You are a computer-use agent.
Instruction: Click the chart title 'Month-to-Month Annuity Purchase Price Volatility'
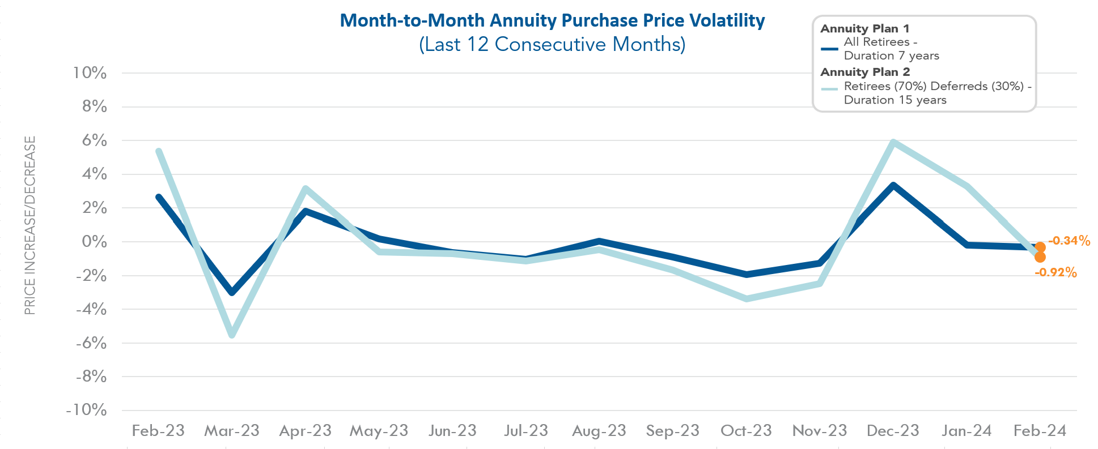coord(552,20)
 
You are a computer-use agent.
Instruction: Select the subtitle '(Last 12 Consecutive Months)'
coord(552,44)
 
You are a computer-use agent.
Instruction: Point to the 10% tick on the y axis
coord(90,72)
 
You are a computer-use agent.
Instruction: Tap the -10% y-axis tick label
coord(86,409)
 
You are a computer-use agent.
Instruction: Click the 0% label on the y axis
coord(94,241)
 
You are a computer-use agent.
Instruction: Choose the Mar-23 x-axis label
coord(231,431)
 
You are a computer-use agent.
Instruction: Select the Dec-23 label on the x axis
coord(893,431)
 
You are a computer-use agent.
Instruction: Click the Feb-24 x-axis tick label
coord(1040,431)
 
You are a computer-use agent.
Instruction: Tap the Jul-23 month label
coord(526,431)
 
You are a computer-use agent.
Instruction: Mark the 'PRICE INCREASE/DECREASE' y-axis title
coord(30,225)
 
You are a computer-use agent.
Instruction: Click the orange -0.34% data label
coord(1069,241)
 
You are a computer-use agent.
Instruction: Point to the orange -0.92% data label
coord(1055,273)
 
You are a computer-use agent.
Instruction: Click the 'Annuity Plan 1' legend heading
coord(864,28)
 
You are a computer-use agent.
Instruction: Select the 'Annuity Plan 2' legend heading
coord(865,72)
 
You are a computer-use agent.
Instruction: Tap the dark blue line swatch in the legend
coord(829,49)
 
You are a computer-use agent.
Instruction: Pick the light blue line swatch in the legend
coord(829,89)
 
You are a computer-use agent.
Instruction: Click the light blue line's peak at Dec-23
coord(893,142)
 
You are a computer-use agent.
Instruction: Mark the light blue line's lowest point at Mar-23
coord(232,335)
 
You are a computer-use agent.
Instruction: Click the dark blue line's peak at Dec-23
coord(893,185)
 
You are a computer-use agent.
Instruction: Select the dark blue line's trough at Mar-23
coord(232,292)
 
